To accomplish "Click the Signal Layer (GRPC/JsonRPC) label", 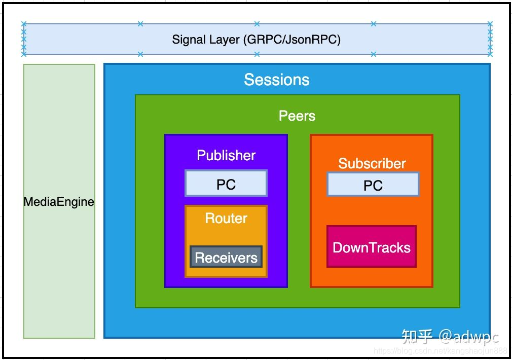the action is (257, 40).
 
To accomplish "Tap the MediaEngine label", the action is (59, 202).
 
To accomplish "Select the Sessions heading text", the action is (277, 80).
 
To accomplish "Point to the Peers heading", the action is (297, 116).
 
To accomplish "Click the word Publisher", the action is (226, 155).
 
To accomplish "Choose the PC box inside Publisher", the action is (226, 183).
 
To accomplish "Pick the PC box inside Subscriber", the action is (373, 184).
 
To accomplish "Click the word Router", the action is (226, 218).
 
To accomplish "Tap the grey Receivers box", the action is (226, 257).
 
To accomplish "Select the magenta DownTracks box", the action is (372, 246).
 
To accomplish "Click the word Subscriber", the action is (372, 163).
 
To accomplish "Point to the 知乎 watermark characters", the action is (417, 337).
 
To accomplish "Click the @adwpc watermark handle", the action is (469, 337).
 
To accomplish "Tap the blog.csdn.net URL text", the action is (441, 351).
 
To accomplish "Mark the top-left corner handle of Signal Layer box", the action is (24, 23).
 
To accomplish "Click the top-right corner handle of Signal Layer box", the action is (490, 23).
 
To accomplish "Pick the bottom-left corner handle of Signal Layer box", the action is (24, 54).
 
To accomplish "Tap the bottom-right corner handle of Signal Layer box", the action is (490, 54).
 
